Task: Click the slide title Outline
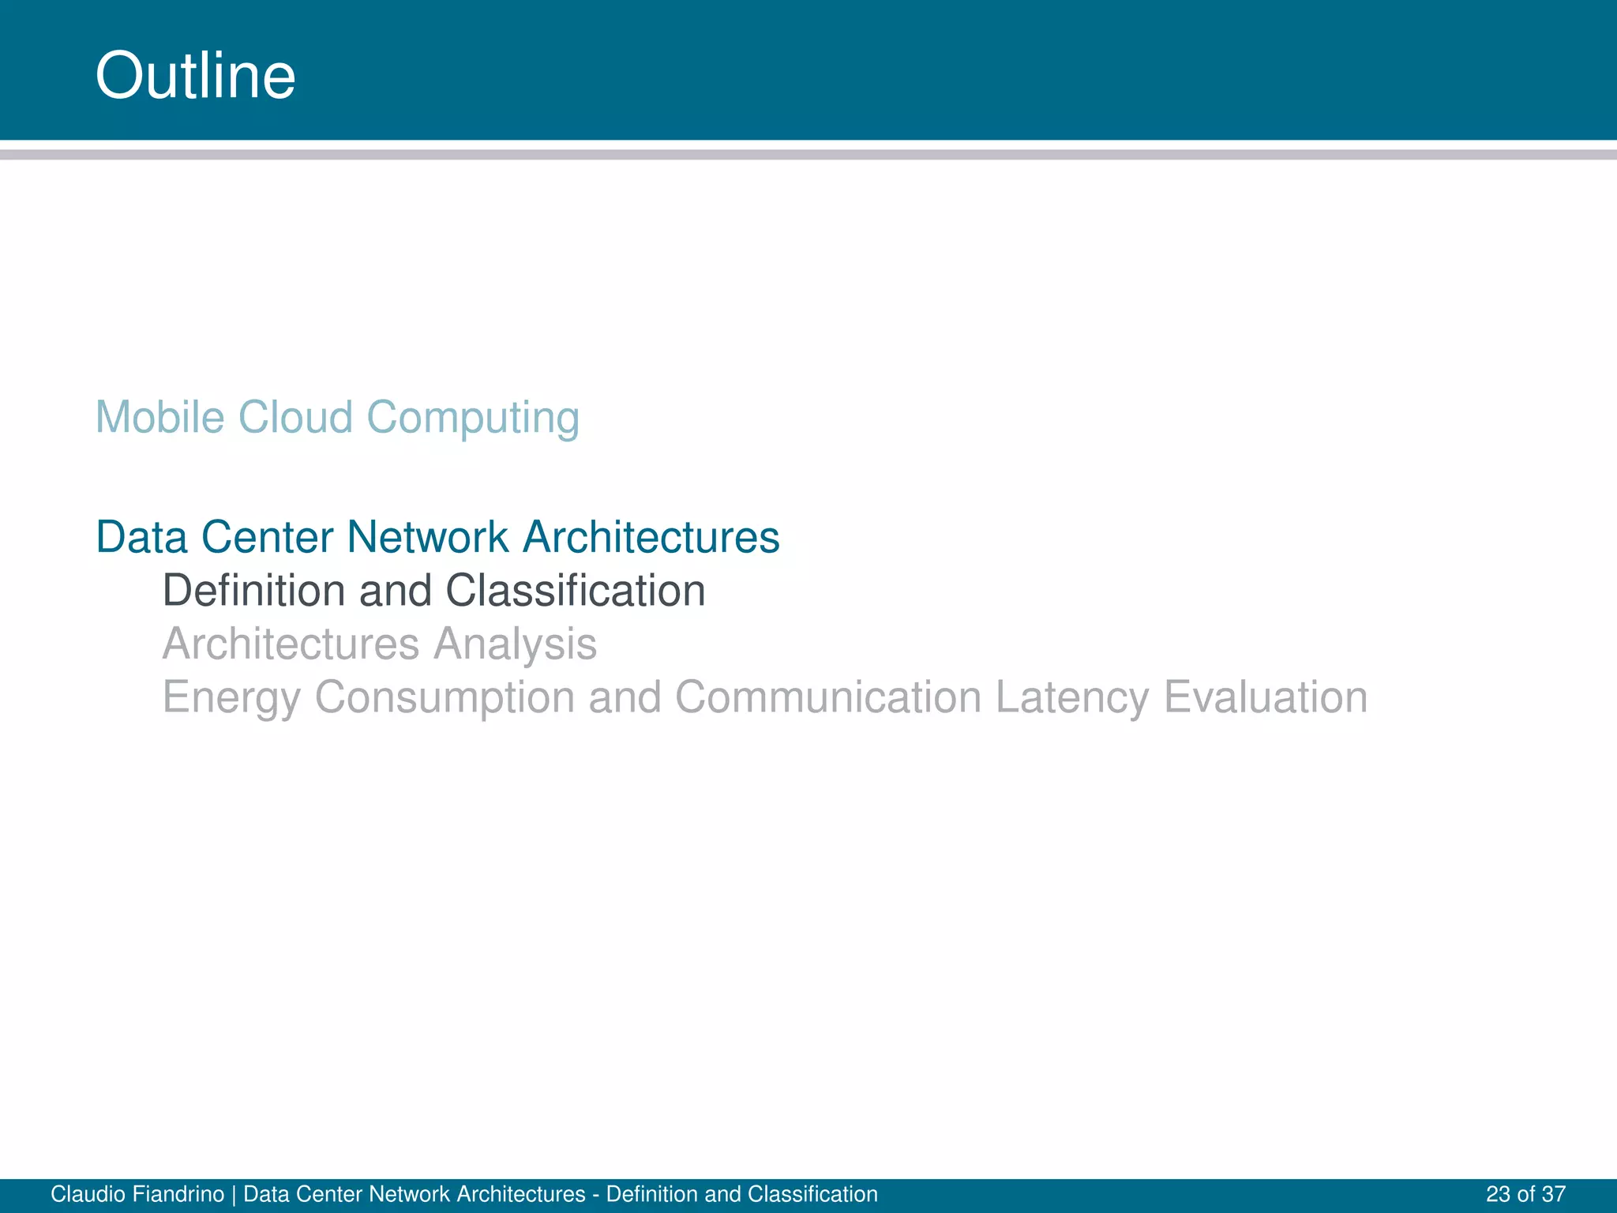[x=195, y=75]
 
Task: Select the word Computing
[x=473, y=419]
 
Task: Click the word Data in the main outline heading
[x=141, y=538]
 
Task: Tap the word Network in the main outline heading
[x=428, y=538]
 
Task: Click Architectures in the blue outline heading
[x=651, y=538]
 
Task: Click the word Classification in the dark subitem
[x=575, y=591]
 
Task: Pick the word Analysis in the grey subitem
[x=515, y=644]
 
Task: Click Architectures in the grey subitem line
[x=291, y=644]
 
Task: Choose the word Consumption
[x=445, y=698]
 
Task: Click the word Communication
[x=828, y=697]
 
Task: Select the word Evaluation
[x=1266, y=697]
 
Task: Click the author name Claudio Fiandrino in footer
[x=137, y=1194]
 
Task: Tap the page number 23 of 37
[x=1525, y=1194]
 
